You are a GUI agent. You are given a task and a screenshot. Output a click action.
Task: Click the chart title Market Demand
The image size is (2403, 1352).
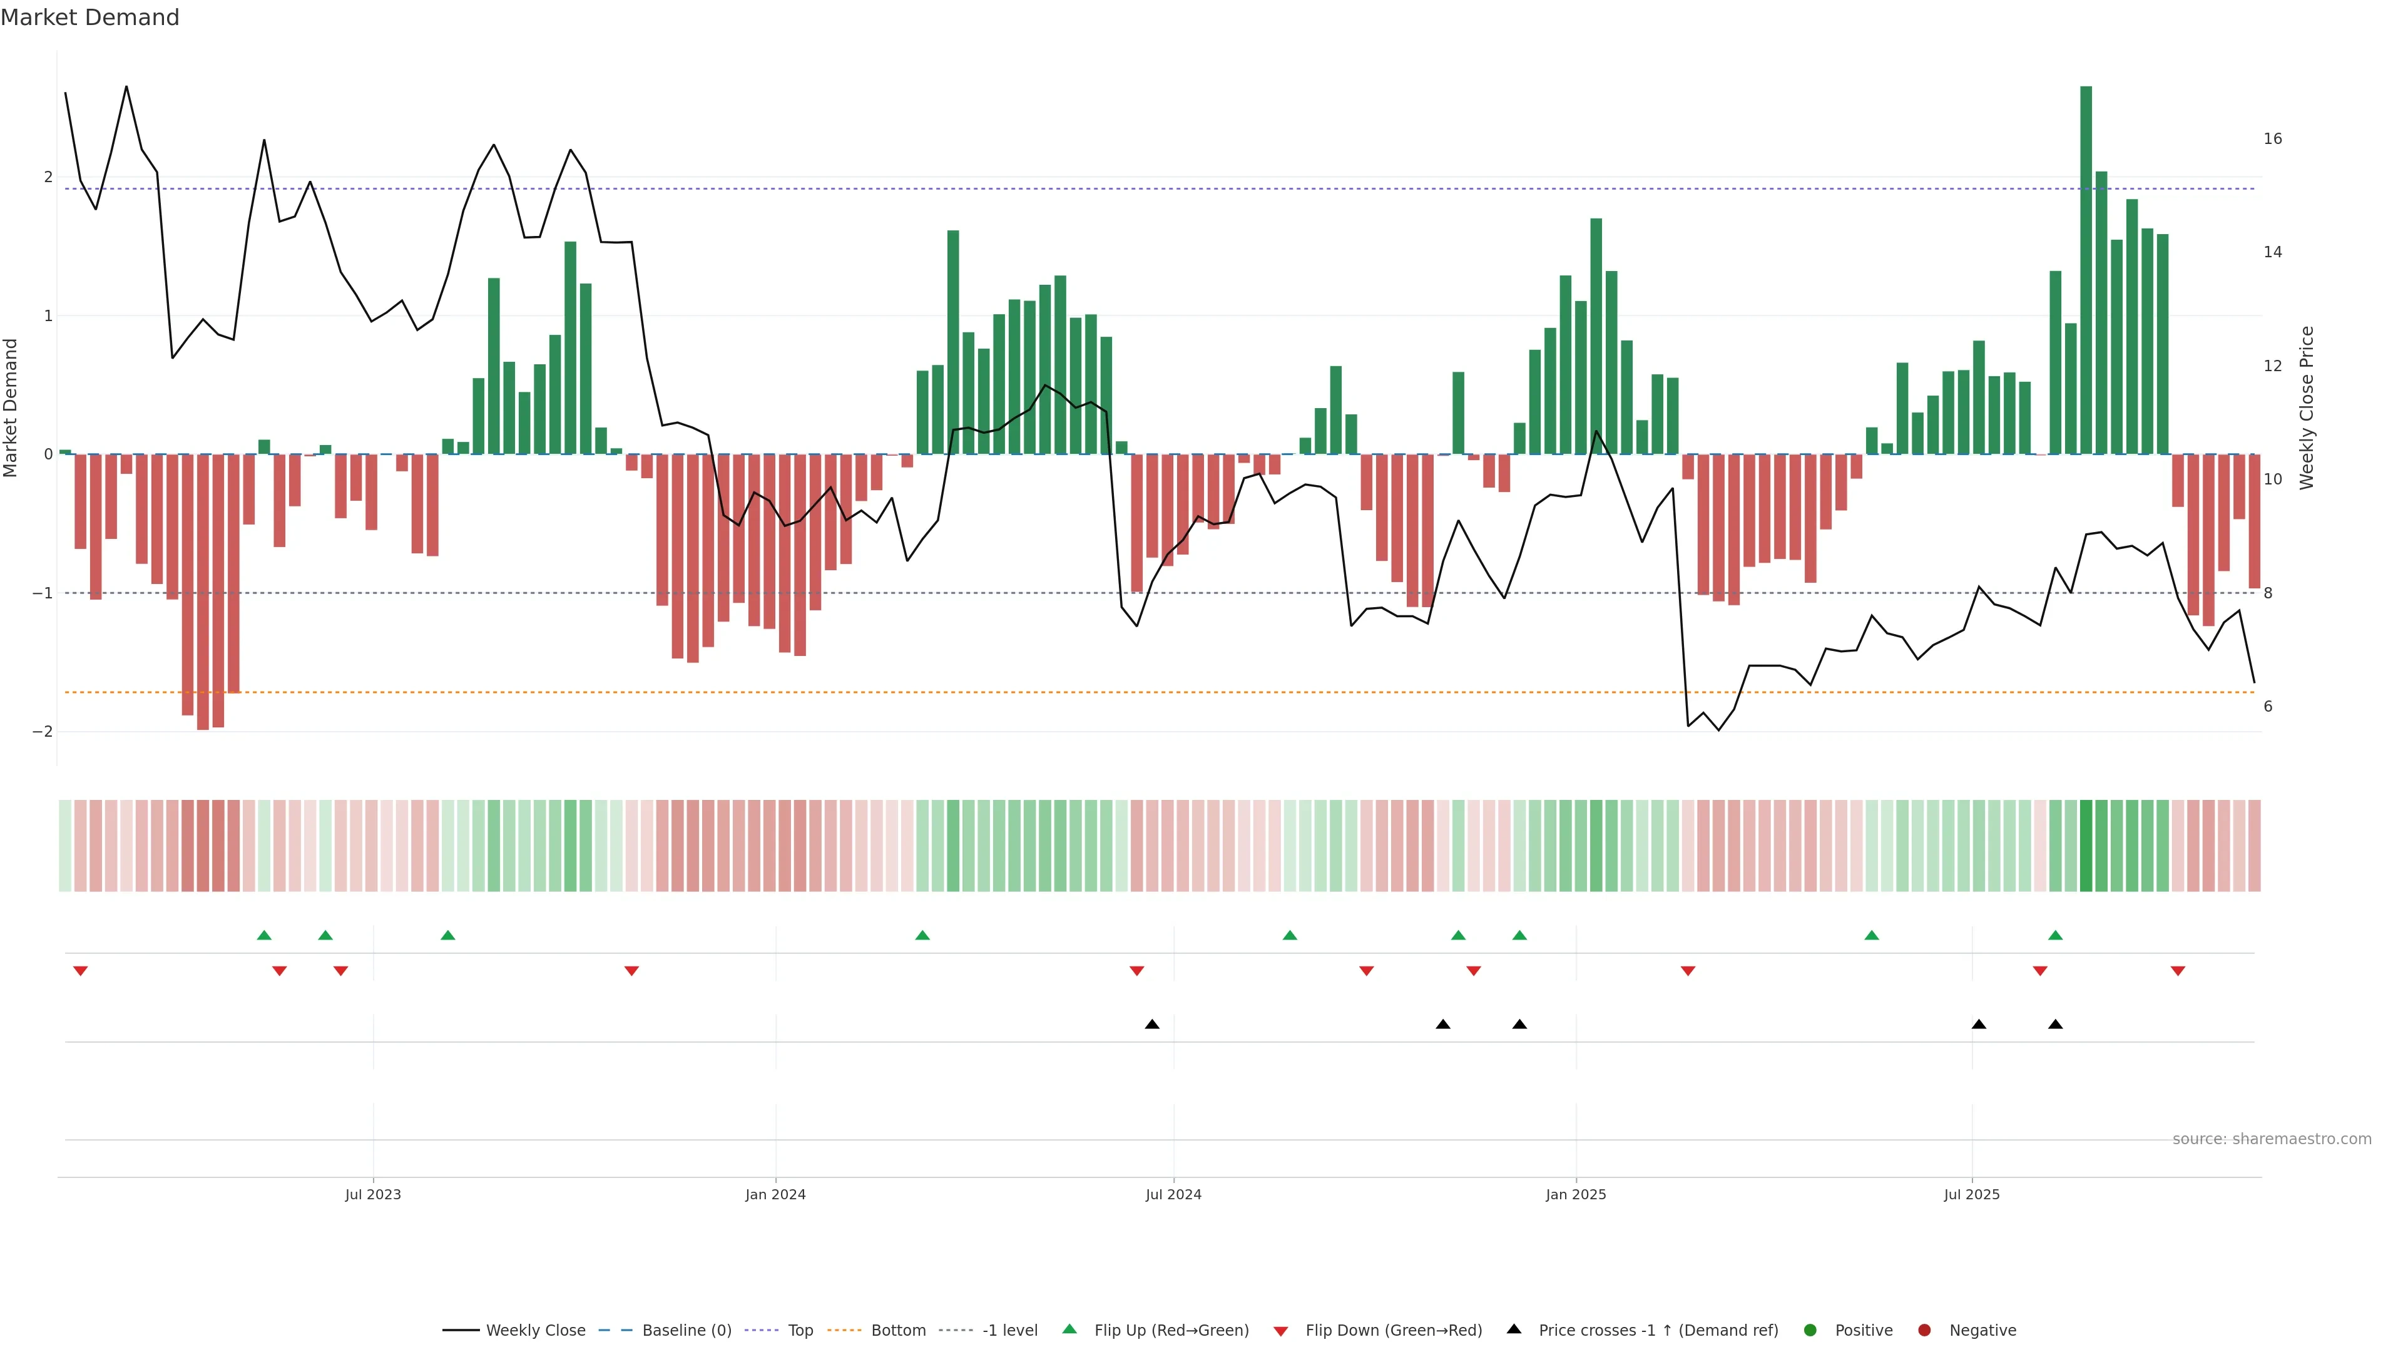click(89, 18)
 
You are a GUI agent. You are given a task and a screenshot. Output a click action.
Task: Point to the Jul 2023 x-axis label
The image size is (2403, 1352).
click(372, 1194)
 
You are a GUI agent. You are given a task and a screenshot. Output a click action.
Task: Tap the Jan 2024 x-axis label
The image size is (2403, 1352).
click(775, 1194)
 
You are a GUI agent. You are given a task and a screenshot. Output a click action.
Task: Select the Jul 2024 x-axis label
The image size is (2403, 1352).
click(1173, 1194)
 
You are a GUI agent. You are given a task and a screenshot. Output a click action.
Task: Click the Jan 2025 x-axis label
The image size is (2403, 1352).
click(1576, 1194)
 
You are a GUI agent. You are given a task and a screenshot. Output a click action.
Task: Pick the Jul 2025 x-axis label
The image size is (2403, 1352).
click(1971, 1194)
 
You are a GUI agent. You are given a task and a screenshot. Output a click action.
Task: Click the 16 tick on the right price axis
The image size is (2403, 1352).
click(2272, 139)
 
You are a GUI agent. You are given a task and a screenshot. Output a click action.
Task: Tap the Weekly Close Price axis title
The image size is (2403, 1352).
click(2307, 407)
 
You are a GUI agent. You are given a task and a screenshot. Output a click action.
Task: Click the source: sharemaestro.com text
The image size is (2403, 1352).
click(2272, 1139)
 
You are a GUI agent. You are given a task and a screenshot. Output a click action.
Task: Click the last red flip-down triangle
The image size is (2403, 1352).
click(2177, 971)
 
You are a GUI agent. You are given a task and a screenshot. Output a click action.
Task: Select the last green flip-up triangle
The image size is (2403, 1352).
click(2055, 935)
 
